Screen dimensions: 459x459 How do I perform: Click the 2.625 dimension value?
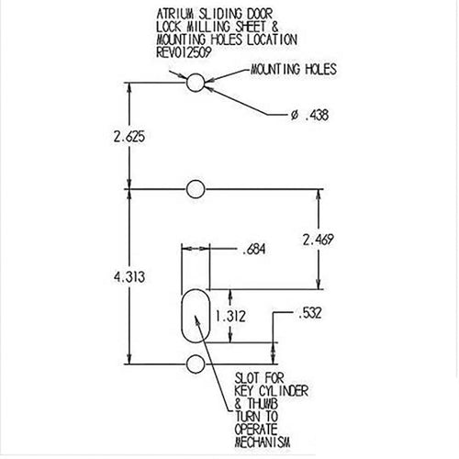(x=129, y=137)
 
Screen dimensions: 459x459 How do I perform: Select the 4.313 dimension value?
(x=129, y=277)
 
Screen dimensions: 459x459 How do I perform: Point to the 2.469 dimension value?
(x=318, y=240)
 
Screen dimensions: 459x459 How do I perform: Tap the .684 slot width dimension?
(x=253, y=250)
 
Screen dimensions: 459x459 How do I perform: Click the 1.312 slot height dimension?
(x=230, y=316)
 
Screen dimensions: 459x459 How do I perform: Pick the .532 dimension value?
(x=309, y=313)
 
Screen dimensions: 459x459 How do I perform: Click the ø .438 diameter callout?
(x=309, y=115)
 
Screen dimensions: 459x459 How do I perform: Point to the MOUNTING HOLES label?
(x=294, y=70)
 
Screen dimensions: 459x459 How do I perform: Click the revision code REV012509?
(x=184, y=52)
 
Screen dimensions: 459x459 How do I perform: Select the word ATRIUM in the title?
(x=175, y=14)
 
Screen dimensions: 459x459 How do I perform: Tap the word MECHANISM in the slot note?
(x=263, y=442)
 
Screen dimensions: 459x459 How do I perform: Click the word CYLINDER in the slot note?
(x=284, y=391)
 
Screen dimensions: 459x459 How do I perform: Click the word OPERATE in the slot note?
(x=256, y=430)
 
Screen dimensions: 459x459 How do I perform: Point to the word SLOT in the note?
(x=247, y=378)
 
